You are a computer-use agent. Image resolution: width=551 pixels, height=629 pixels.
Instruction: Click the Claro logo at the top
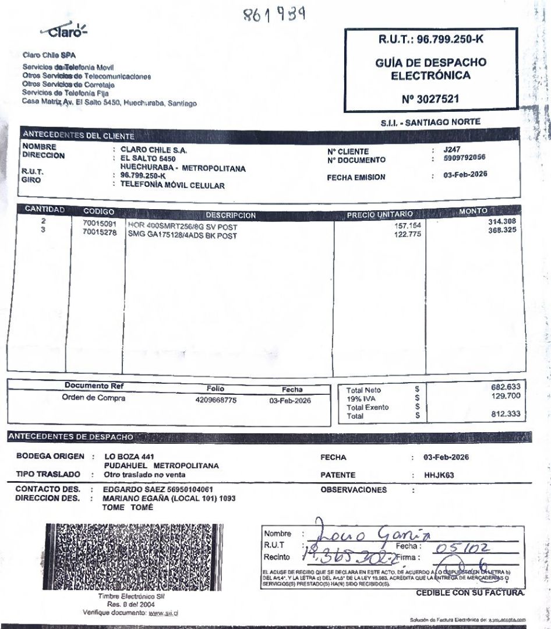(x=64, y=31)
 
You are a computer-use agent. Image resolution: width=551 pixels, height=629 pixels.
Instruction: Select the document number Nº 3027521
(x=430, y=98)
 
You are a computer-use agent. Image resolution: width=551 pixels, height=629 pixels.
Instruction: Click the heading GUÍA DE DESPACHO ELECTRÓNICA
(x=430, y=69)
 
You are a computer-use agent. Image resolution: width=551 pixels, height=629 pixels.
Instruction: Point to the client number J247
(x=451, y=150)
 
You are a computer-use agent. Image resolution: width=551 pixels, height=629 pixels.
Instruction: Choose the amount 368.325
(x=502, y=231)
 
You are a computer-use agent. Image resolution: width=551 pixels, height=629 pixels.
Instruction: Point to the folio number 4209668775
(x=216, y=401)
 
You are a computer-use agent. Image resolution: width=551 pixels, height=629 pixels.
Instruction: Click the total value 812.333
(x=505, y=414)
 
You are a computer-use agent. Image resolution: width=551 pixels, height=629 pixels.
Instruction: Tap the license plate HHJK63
(x=439, y=475)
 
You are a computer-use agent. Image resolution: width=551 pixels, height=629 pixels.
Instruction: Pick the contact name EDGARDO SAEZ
(x=130, y=490)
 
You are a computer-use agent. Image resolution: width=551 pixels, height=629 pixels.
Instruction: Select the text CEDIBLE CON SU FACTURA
(x=470, y=593)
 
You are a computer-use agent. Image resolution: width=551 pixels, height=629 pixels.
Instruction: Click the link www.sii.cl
(x=163, y=613)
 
